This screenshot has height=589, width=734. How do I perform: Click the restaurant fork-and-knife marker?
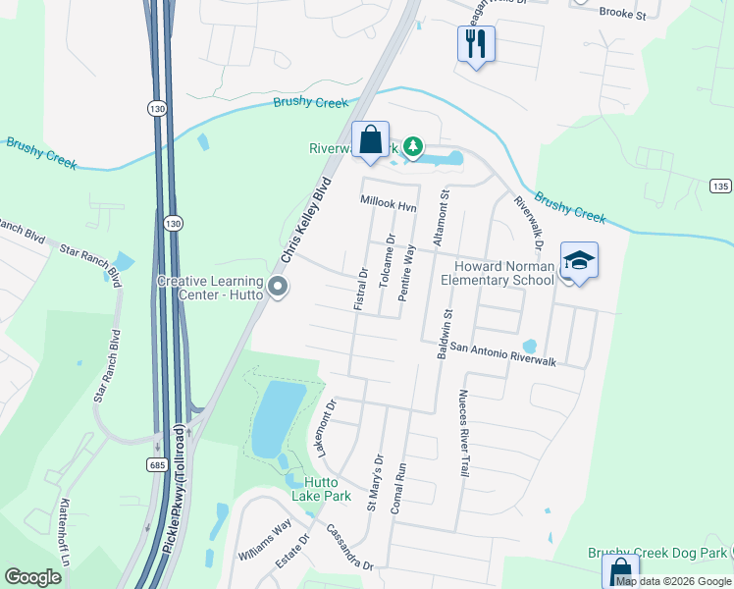[476, 44]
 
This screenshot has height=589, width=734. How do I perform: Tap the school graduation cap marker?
[579, 260]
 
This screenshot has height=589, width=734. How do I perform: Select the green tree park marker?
[414, 147]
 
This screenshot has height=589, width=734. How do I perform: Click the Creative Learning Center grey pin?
[278, 287]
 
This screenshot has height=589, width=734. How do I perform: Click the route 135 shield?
[720, 187]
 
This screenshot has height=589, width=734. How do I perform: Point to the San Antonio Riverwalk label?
[503, 354]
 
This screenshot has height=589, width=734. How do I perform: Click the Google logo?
[33, 577]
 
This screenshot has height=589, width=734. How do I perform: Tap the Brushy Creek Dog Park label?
[658, 554]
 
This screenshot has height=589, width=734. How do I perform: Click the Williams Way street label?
[265, 541]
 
